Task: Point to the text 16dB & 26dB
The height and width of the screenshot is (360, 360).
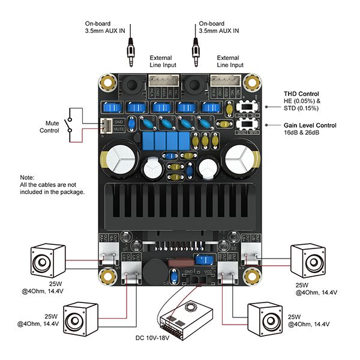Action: coord(303,133)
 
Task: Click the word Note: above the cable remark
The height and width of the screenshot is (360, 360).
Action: coord(27,178)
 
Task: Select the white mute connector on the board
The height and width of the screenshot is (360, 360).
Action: coord(104,125)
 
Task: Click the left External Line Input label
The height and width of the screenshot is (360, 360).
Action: coord(161,61)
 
